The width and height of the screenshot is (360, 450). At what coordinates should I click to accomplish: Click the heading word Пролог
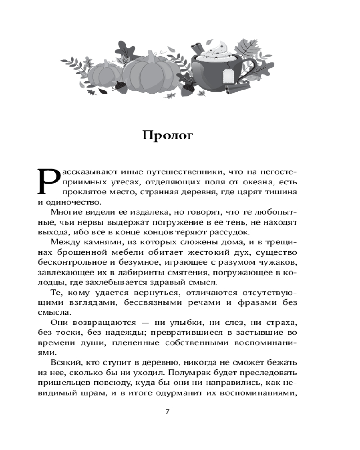[167, 135]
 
